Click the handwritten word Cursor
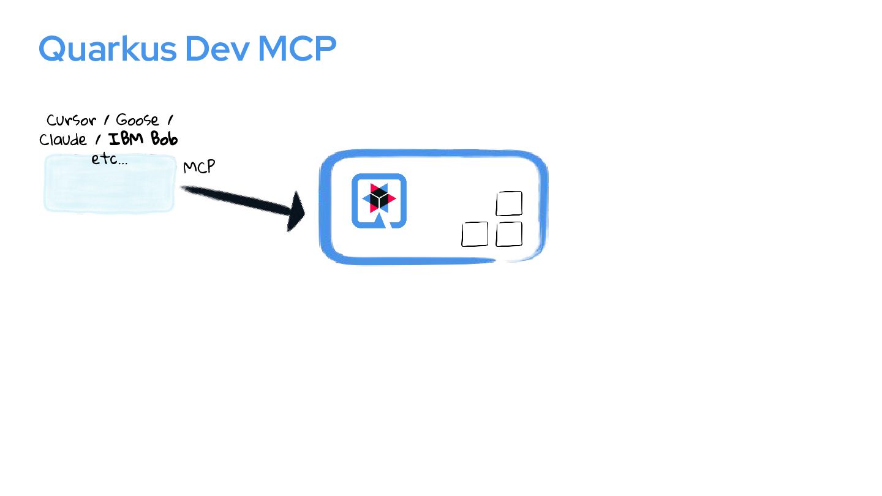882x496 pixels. [x=71, y=120]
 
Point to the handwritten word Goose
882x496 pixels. [x=137, y=120]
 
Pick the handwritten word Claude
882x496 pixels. [x=63, y=140]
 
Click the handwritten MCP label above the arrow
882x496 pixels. [x=199, y=167]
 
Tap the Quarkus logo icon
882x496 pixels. [x=379, y=200]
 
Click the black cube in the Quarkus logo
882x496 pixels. [x=379, y=198]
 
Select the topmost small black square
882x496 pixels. [x=509, y=203]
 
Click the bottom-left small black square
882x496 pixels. [x=475, y=234]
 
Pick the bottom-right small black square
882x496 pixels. [x=509, y=234]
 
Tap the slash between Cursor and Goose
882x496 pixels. [x=107, y=121]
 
